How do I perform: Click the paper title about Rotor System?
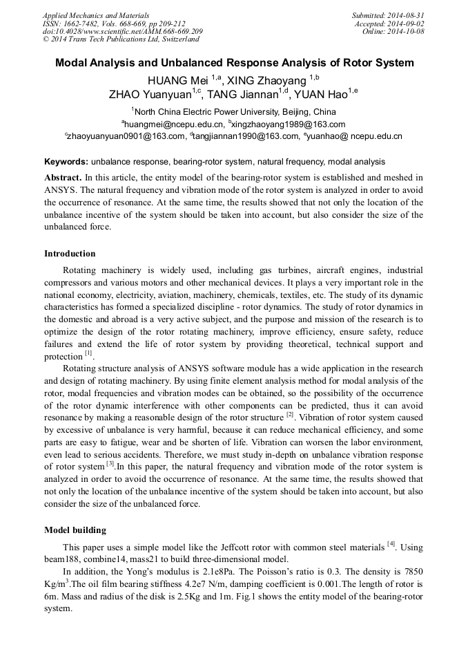tap(234, 63)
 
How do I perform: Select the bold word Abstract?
tap(63, 177)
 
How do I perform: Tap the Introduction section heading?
tap(70, 254)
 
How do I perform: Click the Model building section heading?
tap(75, 530)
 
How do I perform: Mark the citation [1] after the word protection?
tap(88, 353)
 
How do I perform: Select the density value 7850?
tap(409, 572)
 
